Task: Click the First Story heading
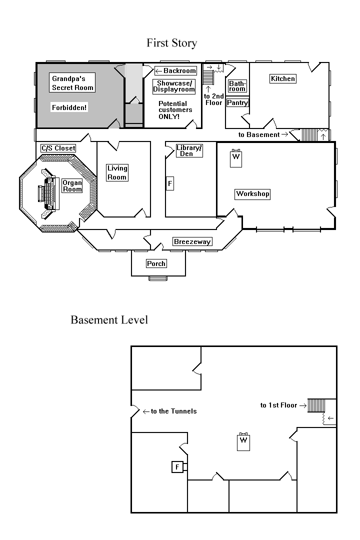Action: pyautogui.click(x=171, y=43)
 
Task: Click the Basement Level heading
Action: pyautogui.click(x=109, y=320)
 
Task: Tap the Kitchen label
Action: pyautogui.click(x=283, y=78)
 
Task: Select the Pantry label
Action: pyautogui.click(x=237, y=102)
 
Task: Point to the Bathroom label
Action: pyautogui.click(x=237, y=86)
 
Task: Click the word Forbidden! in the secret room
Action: pyautogui.click(x=69, y=107)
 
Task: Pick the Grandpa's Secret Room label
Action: pyautogui.click(x=72, y=83)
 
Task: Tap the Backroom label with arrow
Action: pyautogui.click(x=175, y=70)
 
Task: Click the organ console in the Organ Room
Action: pyautogui.click(x=48, y=193)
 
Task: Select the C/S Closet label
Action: pyautogui.click(x=58, y=148)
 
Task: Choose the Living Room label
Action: pyautogui.click(x=117, y=172)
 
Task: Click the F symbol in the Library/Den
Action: pyautogui.click(x=170, y=183)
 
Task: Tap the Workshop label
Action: pyautogui.click(x=253, y=194)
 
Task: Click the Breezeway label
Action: pyautogui.click(x=192, y=242)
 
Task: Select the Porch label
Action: pyautogui.click(x=156, y=263)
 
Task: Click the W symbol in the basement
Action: pyautogui.click(x=243, y=441)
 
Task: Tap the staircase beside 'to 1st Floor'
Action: pyautogui.click(x=316, y=405)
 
